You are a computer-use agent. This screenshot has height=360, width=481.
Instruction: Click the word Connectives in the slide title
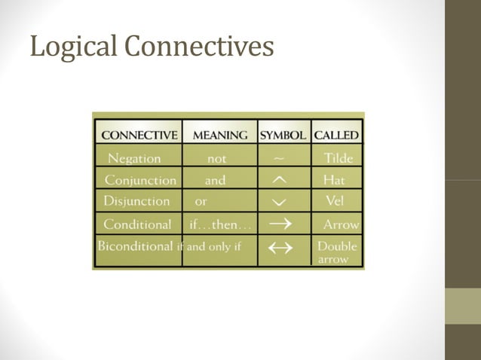(x=198, y=47)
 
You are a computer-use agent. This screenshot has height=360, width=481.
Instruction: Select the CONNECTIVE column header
(x=139, y=136)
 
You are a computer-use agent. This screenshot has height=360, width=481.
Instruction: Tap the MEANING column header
(x=220, y=136)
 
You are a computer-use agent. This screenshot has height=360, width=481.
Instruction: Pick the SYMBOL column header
(x=283, y=136)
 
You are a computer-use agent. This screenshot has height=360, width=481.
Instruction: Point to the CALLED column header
(x=336, y=136)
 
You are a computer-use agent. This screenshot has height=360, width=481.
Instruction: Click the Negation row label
(x=134, y=159)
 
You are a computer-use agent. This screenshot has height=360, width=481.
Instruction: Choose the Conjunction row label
(x=140, y=181)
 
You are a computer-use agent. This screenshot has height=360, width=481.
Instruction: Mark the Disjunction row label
(x=136, y=201)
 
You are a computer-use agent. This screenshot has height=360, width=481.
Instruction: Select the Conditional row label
(x=137, y=224)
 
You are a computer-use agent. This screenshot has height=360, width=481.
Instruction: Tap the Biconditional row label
(x=136, y=246)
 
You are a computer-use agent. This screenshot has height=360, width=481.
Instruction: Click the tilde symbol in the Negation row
(x=279, y=159)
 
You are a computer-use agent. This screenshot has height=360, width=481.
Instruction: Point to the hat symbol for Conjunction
(x=278, y=181)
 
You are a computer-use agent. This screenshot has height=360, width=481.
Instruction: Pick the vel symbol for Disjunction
(x=278, y=203)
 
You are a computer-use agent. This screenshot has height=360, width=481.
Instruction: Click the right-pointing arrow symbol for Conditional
(x=280, y=224)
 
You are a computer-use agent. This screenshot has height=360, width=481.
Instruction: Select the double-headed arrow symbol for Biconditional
(x=280, y=250)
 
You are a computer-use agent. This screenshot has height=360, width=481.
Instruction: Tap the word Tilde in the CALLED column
(x=338, y=159)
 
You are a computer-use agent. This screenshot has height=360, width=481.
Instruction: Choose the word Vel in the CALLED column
(x=334, y=201)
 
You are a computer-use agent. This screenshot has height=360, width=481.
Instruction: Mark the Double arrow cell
(x=337, y=252)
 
